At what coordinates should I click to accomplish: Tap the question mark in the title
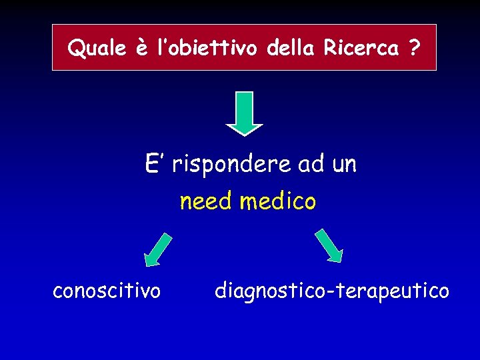pyautogui.click(x=415, y=48)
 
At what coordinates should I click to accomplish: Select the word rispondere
pyautogui.click(x=231, y=164)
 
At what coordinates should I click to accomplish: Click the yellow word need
pyautogui.click(x=207, y=201)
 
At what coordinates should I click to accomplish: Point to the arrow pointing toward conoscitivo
pyautogui.click(x=158, y=250)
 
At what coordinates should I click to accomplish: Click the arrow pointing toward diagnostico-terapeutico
pyautogui.click(x=329, y=245)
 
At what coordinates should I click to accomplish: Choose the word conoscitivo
pyautogui.click(x=107, y=291)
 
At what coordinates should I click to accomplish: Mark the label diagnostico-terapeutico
pyautogui.click(x=332, y=291)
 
